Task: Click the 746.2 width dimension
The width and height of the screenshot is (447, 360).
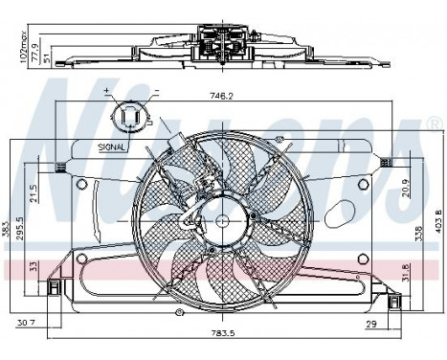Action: (222, 96)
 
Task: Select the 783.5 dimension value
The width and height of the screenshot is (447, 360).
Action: (222, 337)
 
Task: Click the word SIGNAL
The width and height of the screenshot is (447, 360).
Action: (113, 148)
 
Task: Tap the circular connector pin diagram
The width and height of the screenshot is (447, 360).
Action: (130, 119)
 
